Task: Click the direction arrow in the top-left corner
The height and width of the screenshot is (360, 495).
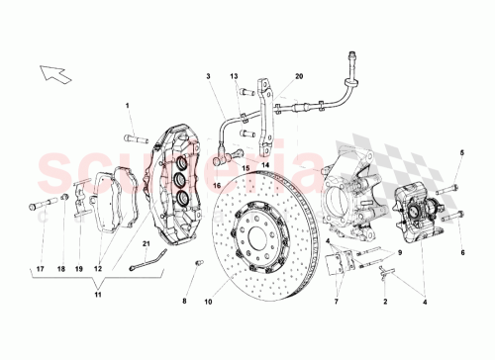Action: (x=48, y=72)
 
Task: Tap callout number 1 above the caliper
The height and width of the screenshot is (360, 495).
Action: (x=128, y=105)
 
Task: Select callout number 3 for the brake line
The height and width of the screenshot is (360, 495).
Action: (x=209, y=76)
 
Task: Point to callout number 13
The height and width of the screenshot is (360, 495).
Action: (x=236, y=76)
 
